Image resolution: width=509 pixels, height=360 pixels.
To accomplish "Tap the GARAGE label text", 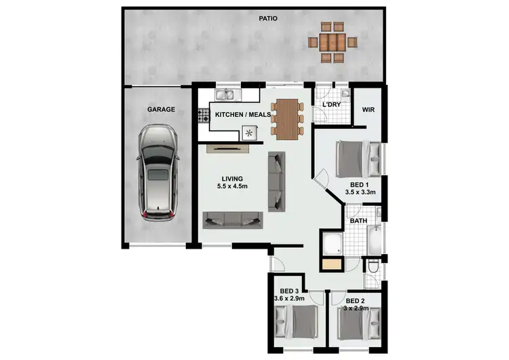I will tap(162, 109).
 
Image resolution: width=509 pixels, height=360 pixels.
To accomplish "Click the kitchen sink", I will tap(225, 95).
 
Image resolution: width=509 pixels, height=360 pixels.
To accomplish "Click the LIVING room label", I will tap(231, 179).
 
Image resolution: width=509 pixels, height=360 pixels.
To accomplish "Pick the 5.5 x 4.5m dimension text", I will tap(231, 187).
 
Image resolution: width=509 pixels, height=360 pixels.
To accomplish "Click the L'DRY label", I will tap(332, 104).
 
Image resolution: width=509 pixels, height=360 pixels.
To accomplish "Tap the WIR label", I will tap(369, 109).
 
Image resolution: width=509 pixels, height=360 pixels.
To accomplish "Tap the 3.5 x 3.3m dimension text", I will tap(360, 193).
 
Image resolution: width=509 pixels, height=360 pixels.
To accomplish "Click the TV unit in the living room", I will tap(231, 146).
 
